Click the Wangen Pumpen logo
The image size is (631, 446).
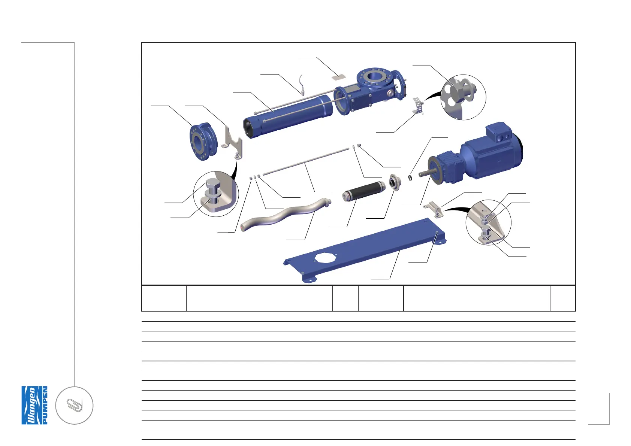34,405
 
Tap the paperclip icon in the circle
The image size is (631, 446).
74,406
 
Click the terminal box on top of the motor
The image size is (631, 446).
498,133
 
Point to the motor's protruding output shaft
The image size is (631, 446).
425,173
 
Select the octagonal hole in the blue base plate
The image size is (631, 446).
326,257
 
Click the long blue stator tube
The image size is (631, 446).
288,116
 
